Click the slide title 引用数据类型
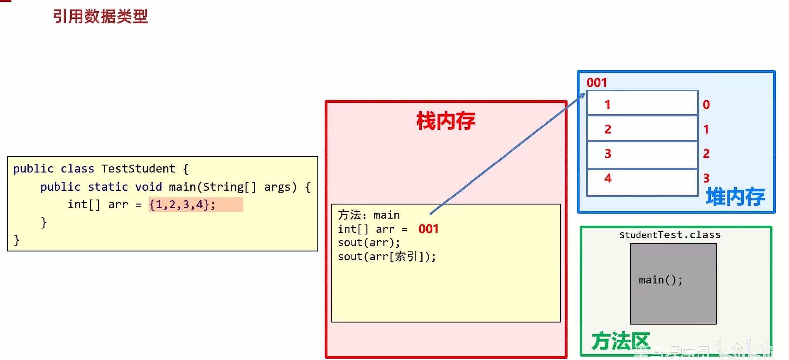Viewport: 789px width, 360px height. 100,17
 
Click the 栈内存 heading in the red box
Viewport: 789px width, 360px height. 446,121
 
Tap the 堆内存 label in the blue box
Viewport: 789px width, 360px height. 735,197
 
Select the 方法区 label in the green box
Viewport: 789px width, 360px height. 620,341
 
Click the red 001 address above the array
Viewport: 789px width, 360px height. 597,83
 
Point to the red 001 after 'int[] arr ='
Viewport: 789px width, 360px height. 429,229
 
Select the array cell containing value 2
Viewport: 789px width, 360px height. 642,128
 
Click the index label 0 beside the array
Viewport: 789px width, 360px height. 706,105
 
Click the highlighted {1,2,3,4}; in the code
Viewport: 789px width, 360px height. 182,205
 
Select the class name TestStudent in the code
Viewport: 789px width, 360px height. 138,169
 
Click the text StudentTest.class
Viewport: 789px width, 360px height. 670,235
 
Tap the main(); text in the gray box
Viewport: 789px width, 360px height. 660,280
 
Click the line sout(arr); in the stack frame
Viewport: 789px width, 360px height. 369,243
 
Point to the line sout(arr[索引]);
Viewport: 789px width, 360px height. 387,257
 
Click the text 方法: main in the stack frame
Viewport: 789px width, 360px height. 369,215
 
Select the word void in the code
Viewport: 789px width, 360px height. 148,187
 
